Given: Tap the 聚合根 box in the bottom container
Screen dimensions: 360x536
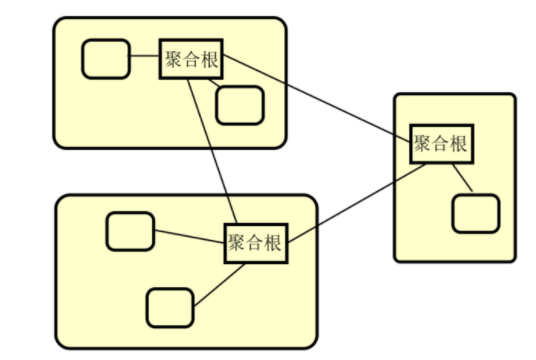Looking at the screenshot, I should pos(256,242).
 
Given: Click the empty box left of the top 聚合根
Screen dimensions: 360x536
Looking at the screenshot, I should pos(105,59).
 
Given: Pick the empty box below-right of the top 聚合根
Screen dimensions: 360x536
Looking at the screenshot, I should pos(240,104).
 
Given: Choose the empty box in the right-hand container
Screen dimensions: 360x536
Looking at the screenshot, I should pos(475,213).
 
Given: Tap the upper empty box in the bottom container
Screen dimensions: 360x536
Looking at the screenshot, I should pos(130,231).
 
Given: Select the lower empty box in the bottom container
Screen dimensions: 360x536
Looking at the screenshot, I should pos(170,307).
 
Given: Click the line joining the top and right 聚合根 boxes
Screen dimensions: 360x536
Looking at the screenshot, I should pos(316,96).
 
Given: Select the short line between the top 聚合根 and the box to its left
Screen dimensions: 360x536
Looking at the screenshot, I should pos(144,59).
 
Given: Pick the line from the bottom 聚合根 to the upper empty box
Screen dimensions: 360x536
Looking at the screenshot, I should pos(190,237).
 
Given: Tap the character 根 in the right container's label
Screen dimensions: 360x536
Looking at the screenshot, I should pos(458,144).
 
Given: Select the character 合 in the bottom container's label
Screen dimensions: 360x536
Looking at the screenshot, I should pos(256,242).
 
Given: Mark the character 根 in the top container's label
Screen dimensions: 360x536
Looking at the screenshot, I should pos(210,59).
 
